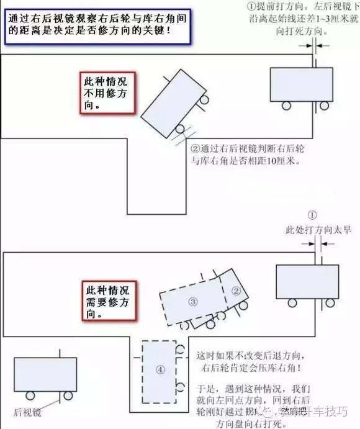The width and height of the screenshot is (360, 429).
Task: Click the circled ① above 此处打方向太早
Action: click(312, 215)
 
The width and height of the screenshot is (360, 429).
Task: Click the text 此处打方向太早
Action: click(318, 230)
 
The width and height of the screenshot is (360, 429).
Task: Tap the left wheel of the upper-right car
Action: click(287, 106)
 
